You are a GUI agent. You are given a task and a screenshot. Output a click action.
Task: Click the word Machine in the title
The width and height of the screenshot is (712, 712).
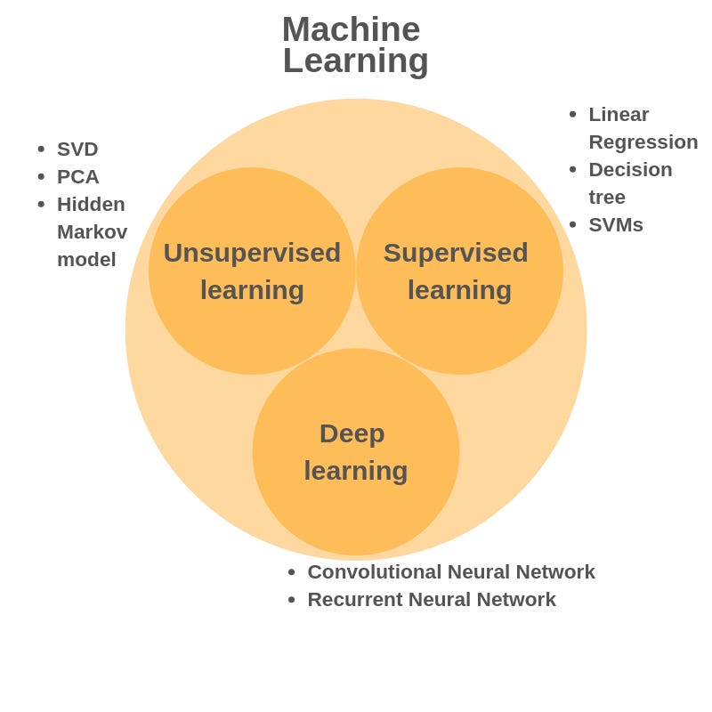pyautogui.click(x=351, y=29)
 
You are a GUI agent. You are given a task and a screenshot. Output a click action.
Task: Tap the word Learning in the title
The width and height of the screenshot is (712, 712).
pyautogui.click(x=355, y=61)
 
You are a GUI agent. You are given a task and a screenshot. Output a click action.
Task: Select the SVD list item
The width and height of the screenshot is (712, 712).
pyautogui.click(x=77, y=149)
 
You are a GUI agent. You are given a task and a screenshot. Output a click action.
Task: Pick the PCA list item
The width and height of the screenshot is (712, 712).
pyautogui.click(x=78, y=176)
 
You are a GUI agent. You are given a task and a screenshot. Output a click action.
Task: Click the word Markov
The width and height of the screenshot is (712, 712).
pyautogui.click(x=92, y=231)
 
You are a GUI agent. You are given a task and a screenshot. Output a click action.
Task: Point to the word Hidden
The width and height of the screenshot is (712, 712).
pyautogui.click(x=91, y=204)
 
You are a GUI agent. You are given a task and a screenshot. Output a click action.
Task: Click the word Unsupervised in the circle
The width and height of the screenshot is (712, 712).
pyautogui.click(x=252, y=253)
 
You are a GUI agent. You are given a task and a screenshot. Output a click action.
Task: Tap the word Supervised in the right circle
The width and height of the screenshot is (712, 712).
pyautogui.click(x=456, y=253)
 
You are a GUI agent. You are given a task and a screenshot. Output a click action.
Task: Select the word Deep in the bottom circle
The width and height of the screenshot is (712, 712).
pyautogui.click(x=352, y=433)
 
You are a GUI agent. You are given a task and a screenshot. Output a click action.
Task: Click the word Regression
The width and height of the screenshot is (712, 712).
pyautogui.click(x=643, y=142)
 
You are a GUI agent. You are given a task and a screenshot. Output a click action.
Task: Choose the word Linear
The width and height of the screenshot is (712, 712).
pyautogui.click(x=619, y=114)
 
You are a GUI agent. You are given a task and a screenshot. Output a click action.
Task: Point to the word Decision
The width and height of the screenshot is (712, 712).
pyautogui.click(x=630, y=169)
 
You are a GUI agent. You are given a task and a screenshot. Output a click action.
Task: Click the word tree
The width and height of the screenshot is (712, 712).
pyautogui.click(x=607, y=197)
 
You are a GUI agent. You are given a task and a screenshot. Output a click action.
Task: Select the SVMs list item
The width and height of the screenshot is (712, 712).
pyautogui.click(x=616, y=224)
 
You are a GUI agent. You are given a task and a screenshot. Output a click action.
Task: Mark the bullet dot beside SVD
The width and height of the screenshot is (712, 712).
pyautogui.click(x=41, y=149)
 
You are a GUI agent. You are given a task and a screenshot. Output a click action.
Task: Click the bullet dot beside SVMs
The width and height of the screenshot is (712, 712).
pyautogui.click(x=572, y=224)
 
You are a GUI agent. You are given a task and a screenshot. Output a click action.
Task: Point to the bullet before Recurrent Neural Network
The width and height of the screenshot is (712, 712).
pyautogui.click(x=291, y=600)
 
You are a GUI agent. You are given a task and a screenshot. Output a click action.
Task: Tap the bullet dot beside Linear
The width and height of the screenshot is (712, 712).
pyautogui.click(x=572, y=114)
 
